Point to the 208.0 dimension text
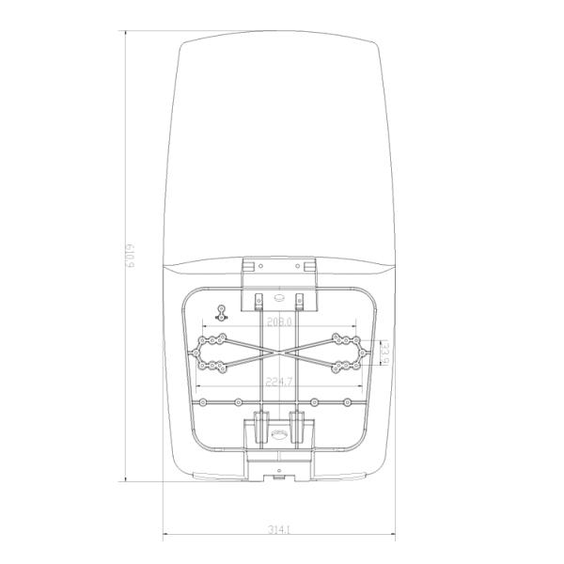[279, 321]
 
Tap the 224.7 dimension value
[279, 383]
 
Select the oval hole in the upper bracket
[278, 299]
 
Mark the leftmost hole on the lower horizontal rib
[203, 401]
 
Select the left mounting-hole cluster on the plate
[215, 352]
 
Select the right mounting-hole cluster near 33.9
[344, 352]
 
